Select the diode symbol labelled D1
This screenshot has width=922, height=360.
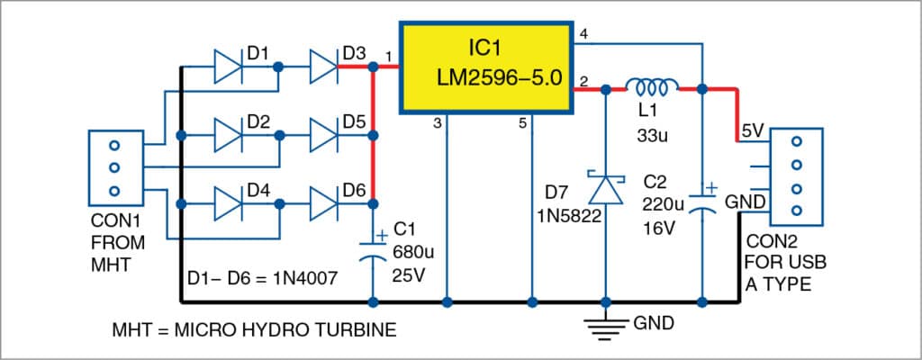coord(228,66)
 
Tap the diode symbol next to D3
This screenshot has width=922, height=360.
coord(323,66)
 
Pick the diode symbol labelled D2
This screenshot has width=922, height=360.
coord(228,136)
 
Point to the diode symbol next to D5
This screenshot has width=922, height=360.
coord(323,136)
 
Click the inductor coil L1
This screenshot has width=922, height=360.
coord(653,87)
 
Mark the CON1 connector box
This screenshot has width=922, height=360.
coord(114,166)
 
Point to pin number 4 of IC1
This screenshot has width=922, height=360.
coord(583,35)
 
